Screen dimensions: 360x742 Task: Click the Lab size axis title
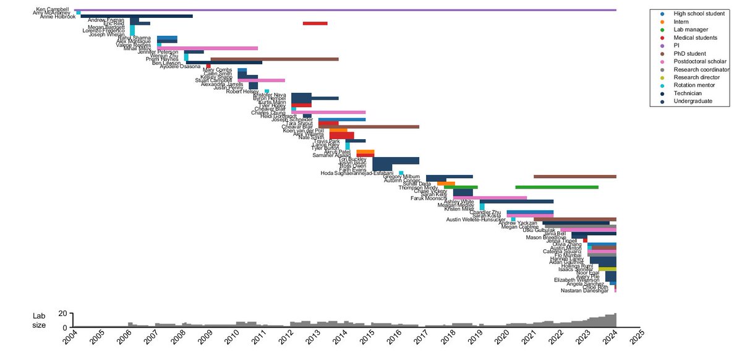click(39, 320)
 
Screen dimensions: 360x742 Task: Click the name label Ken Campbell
click(53, 10)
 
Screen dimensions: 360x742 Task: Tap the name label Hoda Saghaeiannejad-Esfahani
click(357, 173)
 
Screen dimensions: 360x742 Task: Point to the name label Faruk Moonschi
click(433, 198)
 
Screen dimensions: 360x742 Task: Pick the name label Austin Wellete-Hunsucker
click(479, 220)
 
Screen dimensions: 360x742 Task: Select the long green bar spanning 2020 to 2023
click(556, 187)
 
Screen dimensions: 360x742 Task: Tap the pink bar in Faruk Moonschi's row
click(490, 198)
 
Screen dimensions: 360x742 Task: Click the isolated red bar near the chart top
click(315, 24)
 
